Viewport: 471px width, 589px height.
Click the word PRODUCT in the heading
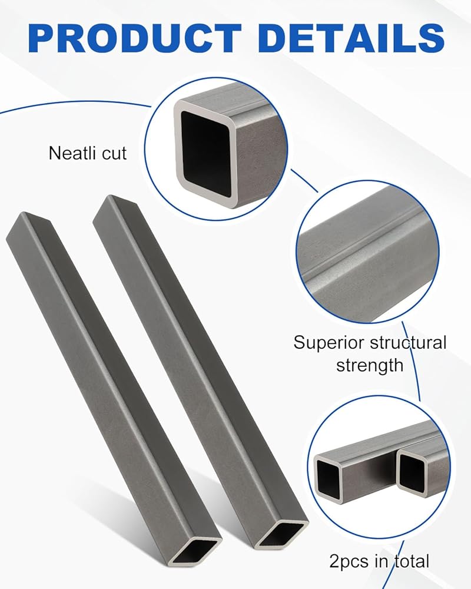(134, 38)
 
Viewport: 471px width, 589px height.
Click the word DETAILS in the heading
(351, 38)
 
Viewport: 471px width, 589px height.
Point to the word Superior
(323, 343)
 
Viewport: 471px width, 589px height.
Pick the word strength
(370, 365)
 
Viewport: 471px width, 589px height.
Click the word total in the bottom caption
(411, 561)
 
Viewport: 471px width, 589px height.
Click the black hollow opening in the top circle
(206, 154)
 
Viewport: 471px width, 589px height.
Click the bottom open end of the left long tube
(195, 552)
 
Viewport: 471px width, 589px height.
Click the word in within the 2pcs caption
(382, 562)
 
